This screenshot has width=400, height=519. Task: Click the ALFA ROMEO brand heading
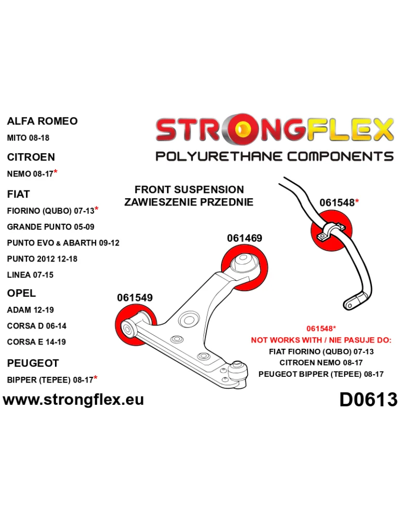[42, 121]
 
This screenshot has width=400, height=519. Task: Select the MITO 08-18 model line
[28, 139]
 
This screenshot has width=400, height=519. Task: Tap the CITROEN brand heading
[31, 157]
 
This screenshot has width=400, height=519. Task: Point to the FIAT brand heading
[18, 194]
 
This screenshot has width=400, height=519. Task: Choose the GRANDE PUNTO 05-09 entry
[50, 227]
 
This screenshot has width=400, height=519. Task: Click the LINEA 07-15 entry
[30, 275]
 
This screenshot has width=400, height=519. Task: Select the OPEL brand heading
[21, 293]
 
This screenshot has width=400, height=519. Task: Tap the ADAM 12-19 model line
[30, 310]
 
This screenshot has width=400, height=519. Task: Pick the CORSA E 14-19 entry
[36, 342]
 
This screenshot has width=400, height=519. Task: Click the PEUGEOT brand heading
[33, 363]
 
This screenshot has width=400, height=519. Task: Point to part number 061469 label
[244, 238]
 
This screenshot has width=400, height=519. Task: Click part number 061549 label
[135, 298]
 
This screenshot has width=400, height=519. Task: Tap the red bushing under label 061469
[246, 266]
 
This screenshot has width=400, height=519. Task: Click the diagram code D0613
[368, 400]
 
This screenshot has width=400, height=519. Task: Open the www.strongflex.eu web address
[73, 399]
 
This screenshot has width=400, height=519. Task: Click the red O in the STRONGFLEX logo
[240, 131]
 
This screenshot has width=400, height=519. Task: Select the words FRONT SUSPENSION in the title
[189, 190]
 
